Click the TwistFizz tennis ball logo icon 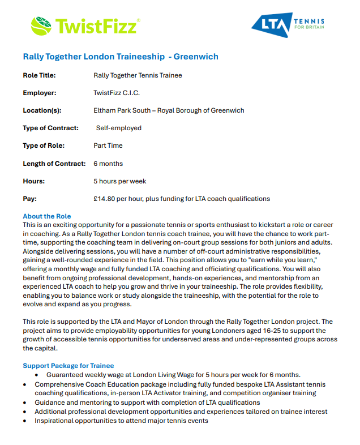pos(41,25)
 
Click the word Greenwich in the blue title pos(196,57)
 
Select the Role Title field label pos(39,75)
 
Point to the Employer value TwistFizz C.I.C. pos(117,93)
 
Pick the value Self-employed pos(118,128)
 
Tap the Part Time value pos(108,146)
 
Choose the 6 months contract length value pos(108,164)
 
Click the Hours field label pos(33,181)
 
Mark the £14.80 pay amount pos(105,199)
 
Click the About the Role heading pos(47,216)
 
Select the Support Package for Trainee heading pos(68,366)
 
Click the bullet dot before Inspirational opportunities pos(25,421)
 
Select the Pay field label pos(29,199)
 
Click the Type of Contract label pos(50,128)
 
